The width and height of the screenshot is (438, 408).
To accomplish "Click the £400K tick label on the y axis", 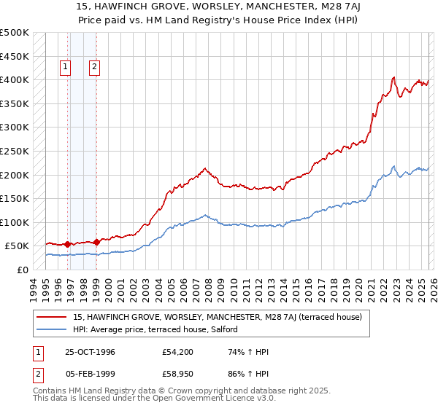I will click(x=15, y=79).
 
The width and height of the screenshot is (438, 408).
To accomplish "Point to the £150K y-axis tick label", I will click(x=15, y=198).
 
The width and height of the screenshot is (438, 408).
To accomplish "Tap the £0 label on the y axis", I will click(x=22, y=270).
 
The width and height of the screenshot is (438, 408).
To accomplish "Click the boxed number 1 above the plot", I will click(x=65, y=68).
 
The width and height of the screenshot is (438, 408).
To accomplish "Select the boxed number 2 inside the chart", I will click(x=95, y=68).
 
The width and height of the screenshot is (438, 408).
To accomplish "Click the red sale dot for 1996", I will click(x=68, y=244).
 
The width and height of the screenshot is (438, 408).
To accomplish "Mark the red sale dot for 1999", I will click(x=96, y=240).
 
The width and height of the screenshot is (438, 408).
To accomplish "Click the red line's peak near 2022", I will click(x=393, y=77).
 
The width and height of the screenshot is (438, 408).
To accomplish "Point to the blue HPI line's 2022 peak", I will click(x=393, y=166).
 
